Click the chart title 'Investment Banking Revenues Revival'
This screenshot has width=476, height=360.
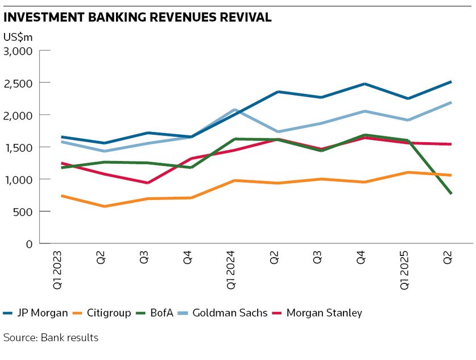137,17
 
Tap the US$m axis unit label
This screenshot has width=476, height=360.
18,38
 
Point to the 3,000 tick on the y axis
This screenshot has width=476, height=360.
18,51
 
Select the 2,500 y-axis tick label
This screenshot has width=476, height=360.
18,83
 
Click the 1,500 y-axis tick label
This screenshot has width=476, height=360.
18,147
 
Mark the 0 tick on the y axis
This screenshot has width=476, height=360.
30,244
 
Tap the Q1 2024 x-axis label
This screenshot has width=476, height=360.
231,270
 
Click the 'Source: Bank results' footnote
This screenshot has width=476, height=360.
51,337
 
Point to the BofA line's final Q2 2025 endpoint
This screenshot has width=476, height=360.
450,194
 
